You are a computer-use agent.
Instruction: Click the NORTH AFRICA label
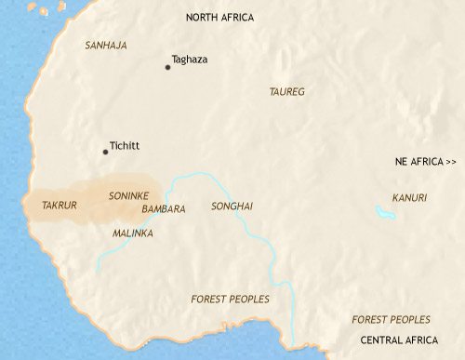(219, 18)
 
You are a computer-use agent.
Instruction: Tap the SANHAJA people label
(105, 45)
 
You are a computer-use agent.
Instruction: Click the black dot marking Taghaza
(167, 67)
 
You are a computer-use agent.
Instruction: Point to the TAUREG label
(286, 92)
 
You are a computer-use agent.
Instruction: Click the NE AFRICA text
(418, 162)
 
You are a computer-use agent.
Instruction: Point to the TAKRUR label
(60, 203)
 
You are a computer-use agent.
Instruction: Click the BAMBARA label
(164, 209)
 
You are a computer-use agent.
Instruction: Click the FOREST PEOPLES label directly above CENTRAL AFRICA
(392, 319)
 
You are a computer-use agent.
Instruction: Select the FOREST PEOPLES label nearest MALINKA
(229, 299)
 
